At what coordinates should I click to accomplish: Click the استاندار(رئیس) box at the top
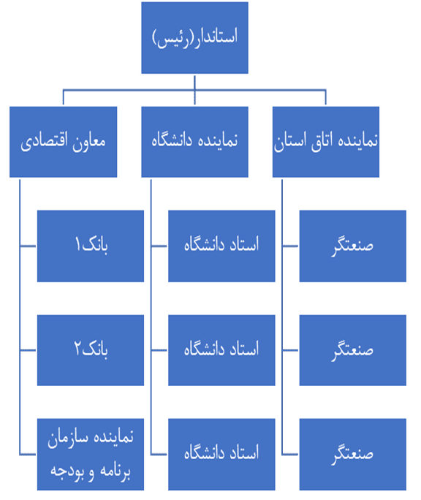194,37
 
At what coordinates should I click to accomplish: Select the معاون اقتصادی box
63,142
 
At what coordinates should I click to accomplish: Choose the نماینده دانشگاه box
194,142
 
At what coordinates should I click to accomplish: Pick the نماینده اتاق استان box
326,142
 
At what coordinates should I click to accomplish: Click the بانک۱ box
91,246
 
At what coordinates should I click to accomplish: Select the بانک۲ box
91,350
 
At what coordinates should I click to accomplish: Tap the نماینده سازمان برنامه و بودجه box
91,454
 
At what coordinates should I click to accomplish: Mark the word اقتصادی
45,142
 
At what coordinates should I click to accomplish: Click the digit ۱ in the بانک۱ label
77,244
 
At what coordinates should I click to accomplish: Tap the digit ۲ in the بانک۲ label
78,348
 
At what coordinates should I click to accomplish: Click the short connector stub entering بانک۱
29,246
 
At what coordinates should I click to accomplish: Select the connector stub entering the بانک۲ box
29,350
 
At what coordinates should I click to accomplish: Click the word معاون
88,142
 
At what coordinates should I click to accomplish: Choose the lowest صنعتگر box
353,454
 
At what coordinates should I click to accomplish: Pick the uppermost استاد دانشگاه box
221,246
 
